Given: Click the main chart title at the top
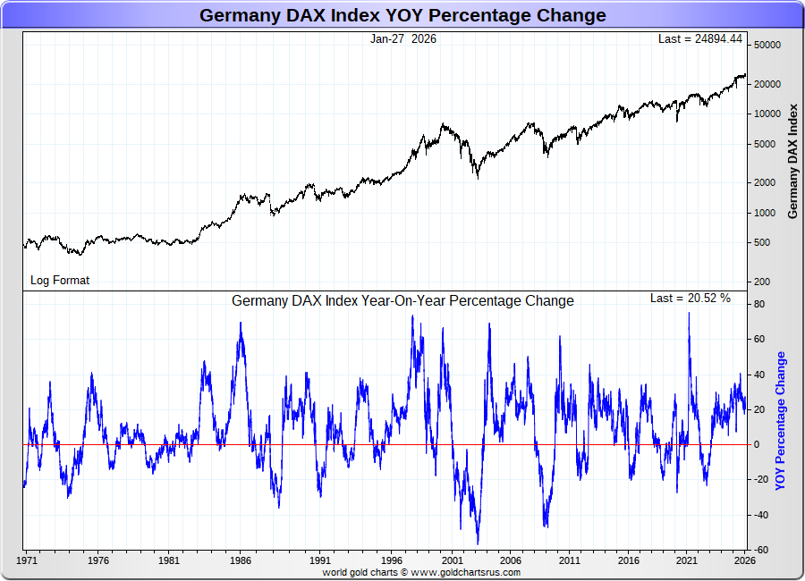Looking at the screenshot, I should click(402, 15).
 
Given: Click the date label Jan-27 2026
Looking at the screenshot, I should click(403, 39).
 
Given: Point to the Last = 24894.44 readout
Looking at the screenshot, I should click(700, 39).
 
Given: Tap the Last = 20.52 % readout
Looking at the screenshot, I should click(690, 299).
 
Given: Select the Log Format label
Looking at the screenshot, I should click(60, 280).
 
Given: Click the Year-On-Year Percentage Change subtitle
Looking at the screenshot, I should click(402, 301).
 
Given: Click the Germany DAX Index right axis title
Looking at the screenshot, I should click(792, 161).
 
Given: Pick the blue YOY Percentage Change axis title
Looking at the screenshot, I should click(780, 420).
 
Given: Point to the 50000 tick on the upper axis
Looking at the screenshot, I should click(767, 46).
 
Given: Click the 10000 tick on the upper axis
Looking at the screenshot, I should click(767, 114).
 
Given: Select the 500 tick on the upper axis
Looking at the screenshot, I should click(761, 243).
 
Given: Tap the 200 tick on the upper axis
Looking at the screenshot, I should click(761, 282).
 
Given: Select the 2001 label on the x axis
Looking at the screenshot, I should click(452, 561).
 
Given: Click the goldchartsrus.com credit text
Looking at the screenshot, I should click(421, 572).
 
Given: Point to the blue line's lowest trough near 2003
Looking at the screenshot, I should click(478, 543).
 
